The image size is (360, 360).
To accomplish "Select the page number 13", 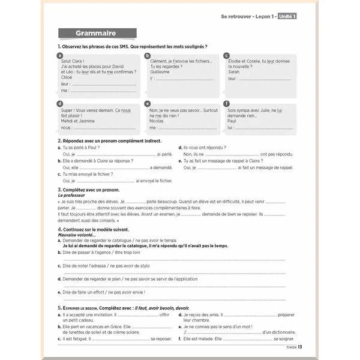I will click(300, 347).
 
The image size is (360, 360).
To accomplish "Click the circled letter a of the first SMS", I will click(59, 55).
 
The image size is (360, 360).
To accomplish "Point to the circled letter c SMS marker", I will click(226, 55).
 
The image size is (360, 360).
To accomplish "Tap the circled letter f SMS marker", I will click(226, 104).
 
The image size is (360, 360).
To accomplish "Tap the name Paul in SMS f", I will click(232, 121).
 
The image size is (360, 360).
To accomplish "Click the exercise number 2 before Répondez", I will click(59, 140).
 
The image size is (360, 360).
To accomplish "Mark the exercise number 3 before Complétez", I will click(59, 189).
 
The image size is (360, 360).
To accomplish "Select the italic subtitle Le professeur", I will click(73, 195).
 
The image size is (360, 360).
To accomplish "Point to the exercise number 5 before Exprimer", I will click(59, 307).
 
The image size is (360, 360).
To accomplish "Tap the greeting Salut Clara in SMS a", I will click(73, 61).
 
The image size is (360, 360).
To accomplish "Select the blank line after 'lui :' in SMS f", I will click(262, 128).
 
